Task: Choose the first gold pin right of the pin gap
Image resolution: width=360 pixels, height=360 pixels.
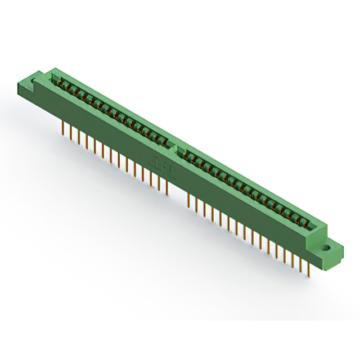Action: (x=187, y=199)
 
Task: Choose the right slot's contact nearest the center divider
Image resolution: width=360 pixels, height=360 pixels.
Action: (x=183, y=152)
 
